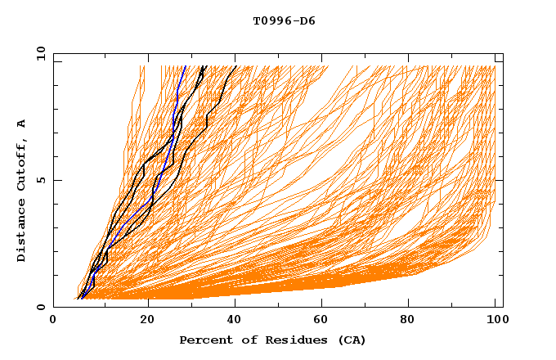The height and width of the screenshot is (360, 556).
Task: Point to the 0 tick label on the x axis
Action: [53, 322]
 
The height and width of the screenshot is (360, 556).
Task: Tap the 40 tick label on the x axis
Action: [236, 322]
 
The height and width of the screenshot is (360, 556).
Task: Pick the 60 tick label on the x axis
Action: [325, 322]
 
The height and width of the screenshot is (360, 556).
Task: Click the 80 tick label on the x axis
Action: [413, 322]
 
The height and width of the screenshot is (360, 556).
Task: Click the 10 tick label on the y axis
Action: [39, 53]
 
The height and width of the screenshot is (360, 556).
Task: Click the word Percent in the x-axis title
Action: [204, 340]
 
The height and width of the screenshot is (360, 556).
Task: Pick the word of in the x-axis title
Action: [240, 340]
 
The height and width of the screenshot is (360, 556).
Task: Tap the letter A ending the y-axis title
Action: [22, 123]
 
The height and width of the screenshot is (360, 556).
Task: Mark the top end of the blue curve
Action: [186, 66]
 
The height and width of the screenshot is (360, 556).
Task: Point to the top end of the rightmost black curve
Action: [236, 66]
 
